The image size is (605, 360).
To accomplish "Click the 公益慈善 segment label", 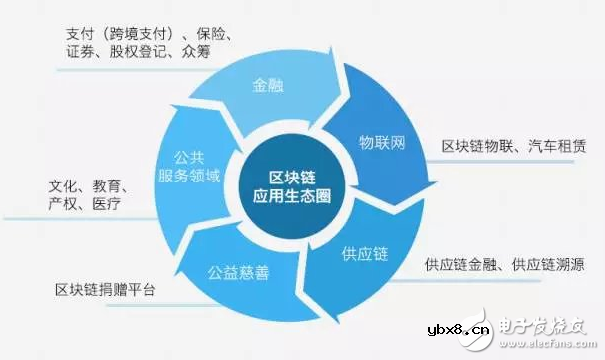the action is [x=237, y=270].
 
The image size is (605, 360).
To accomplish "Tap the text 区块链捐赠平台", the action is [x=106, y=290].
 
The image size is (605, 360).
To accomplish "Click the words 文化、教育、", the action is [x=92, y=186].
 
